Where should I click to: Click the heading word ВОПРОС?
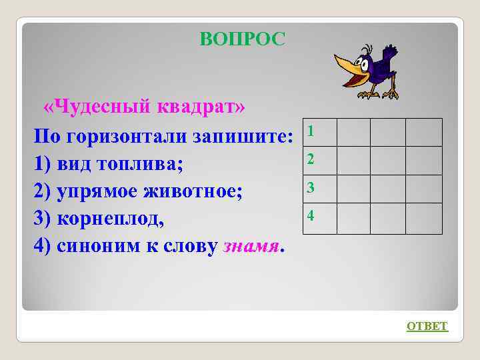pyautogui.click(x=242, y=39)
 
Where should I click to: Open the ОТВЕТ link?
pyautogui.click(x=427, y=326)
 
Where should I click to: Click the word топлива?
pyautogui.click(x=140, y=162)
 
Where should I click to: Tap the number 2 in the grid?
pyautogui.click(x=310, y=159)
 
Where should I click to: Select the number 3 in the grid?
pyautogui.click(x=310, y=188)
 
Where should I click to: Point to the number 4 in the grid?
pyautogui.click(x=310, y=216)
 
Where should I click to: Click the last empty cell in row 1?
pyautogui.click(x=424, y=132)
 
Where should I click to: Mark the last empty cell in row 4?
pyautogui.click(x=424, y=219)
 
